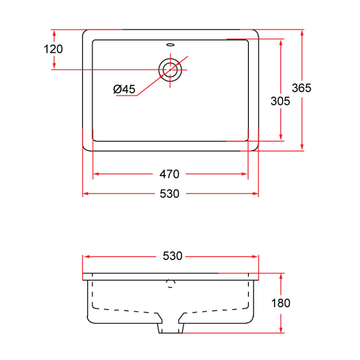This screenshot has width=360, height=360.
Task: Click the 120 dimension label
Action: click(x=53, y=49)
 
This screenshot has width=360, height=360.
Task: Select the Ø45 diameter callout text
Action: click(x=124, y=89)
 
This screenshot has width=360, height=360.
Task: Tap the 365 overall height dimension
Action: click(x=301, y=88)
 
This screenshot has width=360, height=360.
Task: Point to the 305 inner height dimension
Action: click(x=280, y=102)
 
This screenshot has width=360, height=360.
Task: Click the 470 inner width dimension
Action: click(x=170, y=174)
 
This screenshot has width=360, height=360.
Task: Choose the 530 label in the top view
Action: click(x=170, y=194)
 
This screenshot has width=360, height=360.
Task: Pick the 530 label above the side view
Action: click(x=172, y=256)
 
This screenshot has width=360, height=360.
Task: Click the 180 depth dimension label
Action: click(x=280, y=303)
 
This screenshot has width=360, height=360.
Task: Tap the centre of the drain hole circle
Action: click(x=170, y=70)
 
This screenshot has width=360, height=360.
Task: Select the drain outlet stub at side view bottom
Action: click(x=170, y=328)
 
